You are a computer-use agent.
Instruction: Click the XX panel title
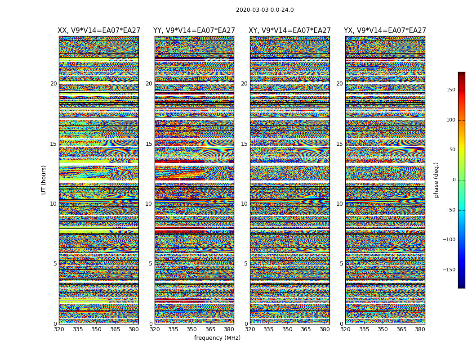coord(98,31)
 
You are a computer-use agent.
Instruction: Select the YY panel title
coord(194,31)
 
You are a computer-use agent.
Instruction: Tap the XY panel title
coord(289,31)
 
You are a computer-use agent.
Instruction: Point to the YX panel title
coord(385,31)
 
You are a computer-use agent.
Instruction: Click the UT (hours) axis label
coord(44,180)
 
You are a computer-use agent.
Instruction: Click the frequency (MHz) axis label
coord(217,338)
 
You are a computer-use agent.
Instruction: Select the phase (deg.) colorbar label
coord(436,180)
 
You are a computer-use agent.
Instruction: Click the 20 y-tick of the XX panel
coord(53,84)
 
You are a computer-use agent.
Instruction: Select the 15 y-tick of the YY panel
coord(149,144)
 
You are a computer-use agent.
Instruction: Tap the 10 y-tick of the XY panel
coord(244,204)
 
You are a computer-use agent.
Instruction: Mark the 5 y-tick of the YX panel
coord(341,264)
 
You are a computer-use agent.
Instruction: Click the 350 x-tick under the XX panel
coord(97,329)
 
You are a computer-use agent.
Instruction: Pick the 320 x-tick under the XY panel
coord(250,329)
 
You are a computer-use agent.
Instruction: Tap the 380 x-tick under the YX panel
coord(420,329)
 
